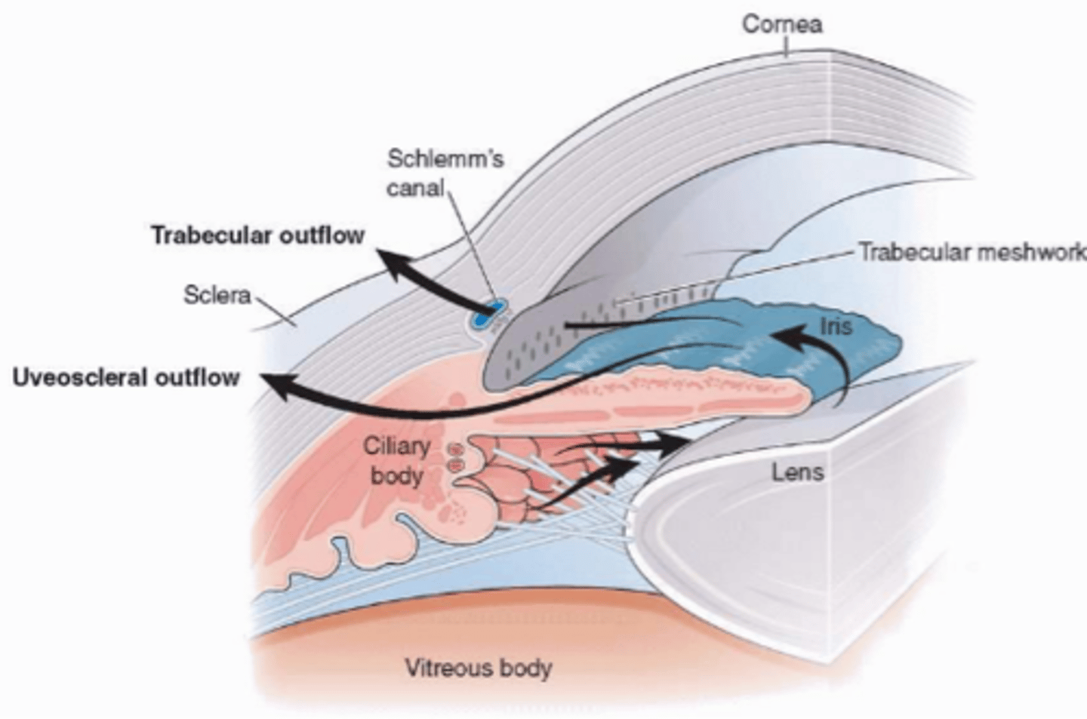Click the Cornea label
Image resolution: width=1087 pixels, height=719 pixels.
tap(781, 24)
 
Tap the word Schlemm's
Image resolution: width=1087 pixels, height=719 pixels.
tap(445, 158)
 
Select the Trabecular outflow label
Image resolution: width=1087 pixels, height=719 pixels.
tap(257, 235)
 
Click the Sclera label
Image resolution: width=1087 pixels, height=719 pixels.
tap(217, 294)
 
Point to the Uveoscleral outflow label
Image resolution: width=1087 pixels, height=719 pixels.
tap(126, 377)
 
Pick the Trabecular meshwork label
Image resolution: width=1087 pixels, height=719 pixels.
tap(972, 251)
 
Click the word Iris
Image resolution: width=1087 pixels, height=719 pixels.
tap(836, 326)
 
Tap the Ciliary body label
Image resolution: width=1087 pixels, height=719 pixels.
tap(396, 460)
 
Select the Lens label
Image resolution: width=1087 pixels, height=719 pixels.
tap(797, 473)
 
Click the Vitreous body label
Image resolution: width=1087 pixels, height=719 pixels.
tap(478, 668)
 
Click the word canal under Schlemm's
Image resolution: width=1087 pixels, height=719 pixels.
tap(415, 187)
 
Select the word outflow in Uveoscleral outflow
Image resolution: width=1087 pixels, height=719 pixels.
tap(197, 377)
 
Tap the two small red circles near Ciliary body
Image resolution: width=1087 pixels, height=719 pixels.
tap(455, 457)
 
